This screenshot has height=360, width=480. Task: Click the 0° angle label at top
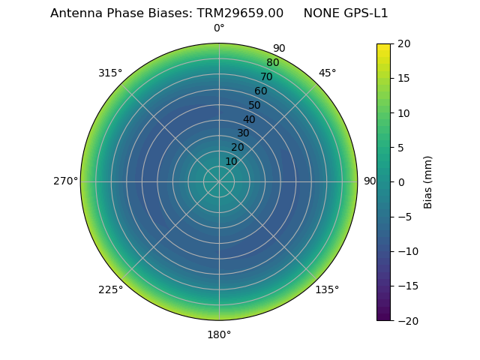click(x=219, y=28)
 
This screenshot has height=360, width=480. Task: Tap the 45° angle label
click(x=327, y=73)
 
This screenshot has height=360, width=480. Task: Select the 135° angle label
click(x=327, y=289)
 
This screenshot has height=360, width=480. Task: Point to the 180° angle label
click(x=219, y=334)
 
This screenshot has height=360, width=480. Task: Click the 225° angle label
click(x=110, y=289)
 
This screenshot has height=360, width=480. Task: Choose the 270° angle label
click(x=65, y=181)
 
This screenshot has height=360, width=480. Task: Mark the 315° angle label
click(x=110, y=73)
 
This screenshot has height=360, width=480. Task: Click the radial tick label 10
click(x=231, y=161)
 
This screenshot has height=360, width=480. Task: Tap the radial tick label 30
click(x=243, y=133)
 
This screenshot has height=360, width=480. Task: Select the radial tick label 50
click(x=255, y=105)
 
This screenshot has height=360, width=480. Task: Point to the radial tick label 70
click(x=267, y=76)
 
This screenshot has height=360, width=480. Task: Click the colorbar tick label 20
click(x=403, y=43)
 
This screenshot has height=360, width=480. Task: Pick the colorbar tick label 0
click(x=400, y=181)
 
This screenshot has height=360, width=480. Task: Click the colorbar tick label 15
click(x=403, y=78)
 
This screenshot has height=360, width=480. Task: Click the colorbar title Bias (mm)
click(x=428, y=181)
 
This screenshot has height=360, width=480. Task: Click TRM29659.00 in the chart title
click(x=240, y=13)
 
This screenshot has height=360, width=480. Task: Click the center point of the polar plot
click(x=219, y=181)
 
